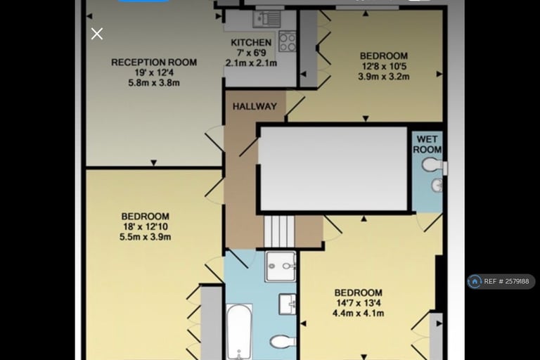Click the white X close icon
point(97,34)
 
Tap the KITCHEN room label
point(251,43)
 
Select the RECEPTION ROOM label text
point(154,63)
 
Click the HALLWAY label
point(255,106)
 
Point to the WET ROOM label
point(427,144)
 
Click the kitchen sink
point(266,19)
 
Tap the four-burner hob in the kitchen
point(287,41)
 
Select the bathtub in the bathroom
point(239,331)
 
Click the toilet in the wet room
point(433,165)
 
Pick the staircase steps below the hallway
point(279,231)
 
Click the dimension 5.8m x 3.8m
point(154,83)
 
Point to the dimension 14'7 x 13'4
point(358,303)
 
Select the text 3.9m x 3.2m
point(384,77)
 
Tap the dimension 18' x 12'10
point(146,226)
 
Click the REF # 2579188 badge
point(501,281)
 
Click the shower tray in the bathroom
point(281,266)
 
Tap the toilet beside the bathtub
point(283,342)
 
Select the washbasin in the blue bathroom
point(287,304)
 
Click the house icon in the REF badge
point(475,281)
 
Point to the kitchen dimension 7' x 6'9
point(252,53)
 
